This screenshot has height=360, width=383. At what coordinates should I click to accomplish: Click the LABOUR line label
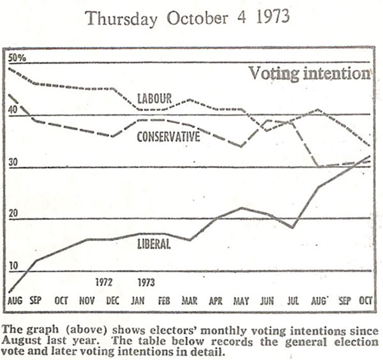(154, 98)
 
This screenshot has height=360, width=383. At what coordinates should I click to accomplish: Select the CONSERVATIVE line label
(169, 137)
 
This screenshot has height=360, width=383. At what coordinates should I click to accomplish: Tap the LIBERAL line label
(154, 243)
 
